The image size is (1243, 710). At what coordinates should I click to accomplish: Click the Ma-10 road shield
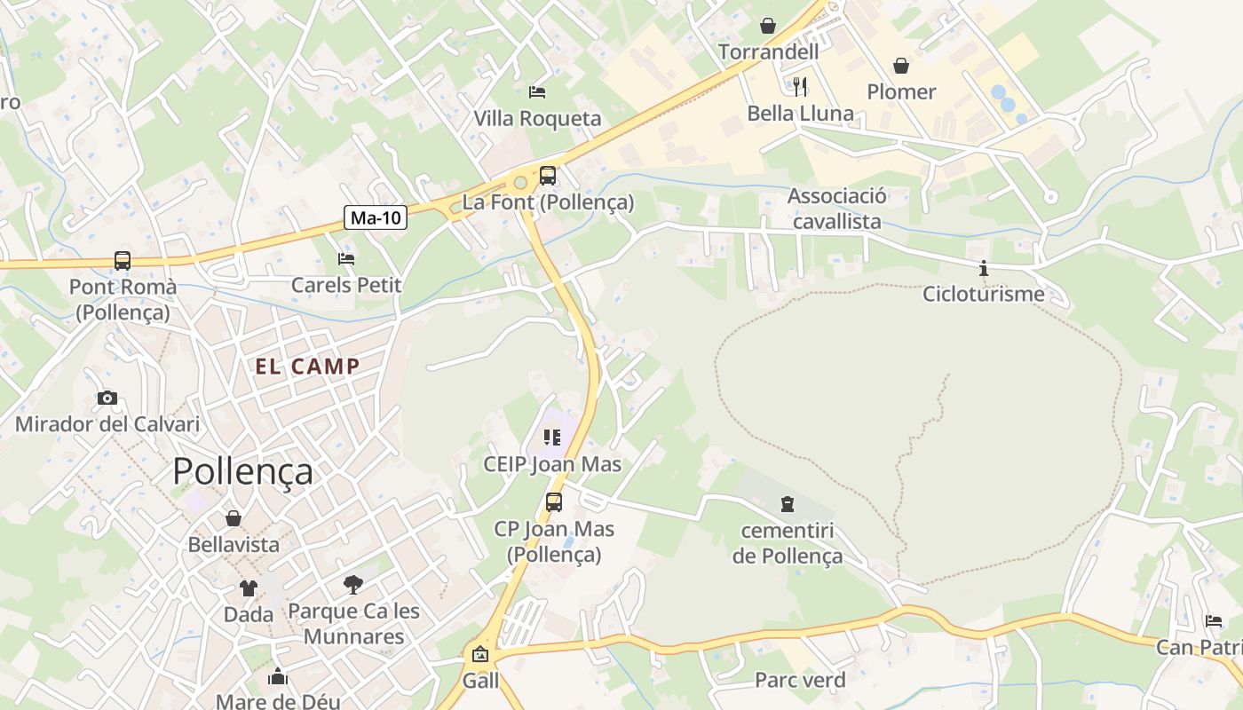376,217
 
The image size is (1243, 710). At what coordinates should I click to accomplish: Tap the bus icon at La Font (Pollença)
548,176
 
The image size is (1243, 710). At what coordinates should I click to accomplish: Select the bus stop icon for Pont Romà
123,261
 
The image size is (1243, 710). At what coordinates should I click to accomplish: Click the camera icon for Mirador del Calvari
107,398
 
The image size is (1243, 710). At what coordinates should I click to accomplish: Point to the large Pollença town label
242,471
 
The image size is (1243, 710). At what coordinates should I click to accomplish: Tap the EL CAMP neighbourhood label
307,367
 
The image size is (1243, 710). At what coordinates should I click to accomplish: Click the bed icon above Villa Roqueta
537,91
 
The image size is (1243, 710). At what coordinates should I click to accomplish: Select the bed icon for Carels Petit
346,259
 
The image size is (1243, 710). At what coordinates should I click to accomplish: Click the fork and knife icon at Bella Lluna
800,86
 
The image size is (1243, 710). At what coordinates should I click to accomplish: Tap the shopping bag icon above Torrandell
768,26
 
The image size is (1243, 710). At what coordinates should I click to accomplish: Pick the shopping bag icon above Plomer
901,66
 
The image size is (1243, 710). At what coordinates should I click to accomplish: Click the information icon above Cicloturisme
983,268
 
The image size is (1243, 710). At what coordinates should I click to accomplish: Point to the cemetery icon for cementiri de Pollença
787,504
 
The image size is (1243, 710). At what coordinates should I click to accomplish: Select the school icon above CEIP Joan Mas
552,438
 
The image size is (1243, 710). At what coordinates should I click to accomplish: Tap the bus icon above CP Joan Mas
554,502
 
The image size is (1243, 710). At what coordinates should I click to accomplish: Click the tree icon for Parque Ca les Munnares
353,584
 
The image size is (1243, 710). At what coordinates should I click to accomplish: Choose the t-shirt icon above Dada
248,588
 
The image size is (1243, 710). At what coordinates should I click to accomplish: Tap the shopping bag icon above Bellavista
234,518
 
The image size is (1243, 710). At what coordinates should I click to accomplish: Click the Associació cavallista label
836,209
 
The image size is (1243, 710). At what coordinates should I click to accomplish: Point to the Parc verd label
800,681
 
